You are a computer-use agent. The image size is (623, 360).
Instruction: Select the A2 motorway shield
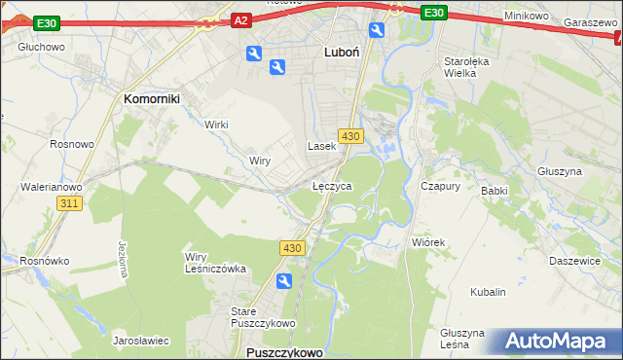point(242,19)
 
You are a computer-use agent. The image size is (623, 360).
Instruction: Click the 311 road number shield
point(68,203)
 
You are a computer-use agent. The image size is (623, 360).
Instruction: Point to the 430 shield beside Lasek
point(351,136)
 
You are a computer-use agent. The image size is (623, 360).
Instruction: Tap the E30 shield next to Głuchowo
point(46,22)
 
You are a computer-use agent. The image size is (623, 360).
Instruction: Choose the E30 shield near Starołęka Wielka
point(434,13)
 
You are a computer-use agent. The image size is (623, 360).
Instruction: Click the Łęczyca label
point(332,185)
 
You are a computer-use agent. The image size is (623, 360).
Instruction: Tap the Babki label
point(495,191)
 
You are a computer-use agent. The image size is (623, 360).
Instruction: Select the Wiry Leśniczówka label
point(215,263)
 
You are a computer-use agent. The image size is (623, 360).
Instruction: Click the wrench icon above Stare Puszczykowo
point(283,281)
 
